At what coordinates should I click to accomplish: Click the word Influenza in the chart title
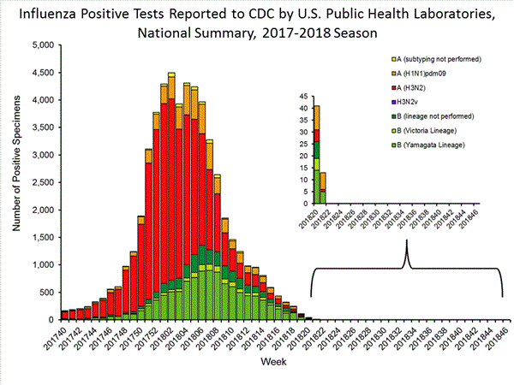click(52, 13)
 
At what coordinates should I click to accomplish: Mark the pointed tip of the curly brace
click(407, 239)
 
